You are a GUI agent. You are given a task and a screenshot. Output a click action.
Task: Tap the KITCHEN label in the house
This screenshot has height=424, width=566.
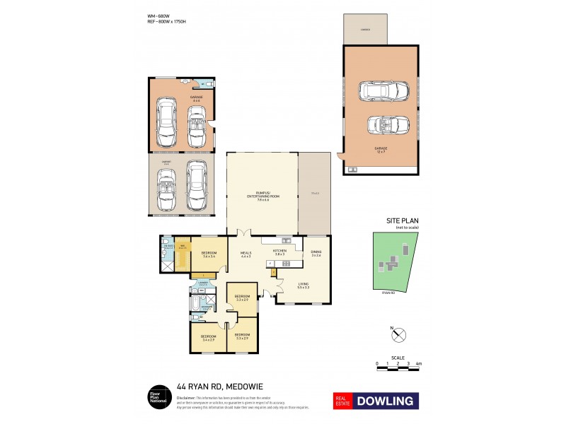(280, 252)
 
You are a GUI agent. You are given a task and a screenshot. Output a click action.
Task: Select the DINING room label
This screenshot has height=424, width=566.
(316, 252)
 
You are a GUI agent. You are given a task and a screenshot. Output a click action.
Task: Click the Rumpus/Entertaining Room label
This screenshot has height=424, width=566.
(262, 196)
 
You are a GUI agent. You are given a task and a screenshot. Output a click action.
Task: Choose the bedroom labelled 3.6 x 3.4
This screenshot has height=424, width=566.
(209, 254)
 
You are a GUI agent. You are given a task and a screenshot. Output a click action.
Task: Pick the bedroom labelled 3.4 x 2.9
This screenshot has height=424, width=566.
(208, 337)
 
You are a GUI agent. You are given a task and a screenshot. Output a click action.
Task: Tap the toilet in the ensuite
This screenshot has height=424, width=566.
(164, 247)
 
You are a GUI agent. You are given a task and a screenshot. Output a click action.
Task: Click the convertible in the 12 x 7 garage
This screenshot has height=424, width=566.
(389, 125)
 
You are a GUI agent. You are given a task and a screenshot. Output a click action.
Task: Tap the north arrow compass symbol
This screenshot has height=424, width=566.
(397, 334)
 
